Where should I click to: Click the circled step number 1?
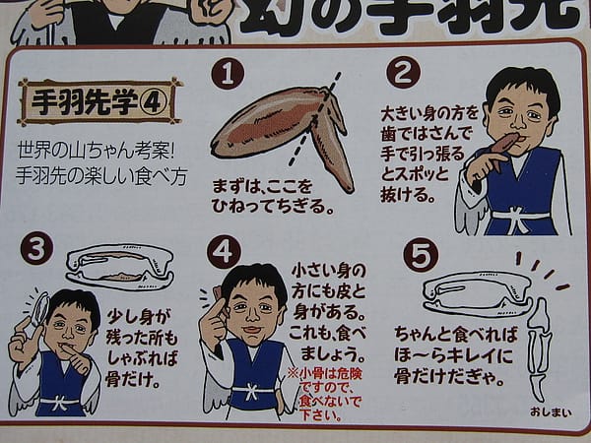(x=228, y=73)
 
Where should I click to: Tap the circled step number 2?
(x=403, y=72)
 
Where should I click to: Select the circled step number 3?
(x=36, y=248)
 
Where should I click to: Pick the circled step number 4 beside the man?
(x=224, y=252)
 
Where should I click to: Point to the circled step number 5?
(x=421, y=254)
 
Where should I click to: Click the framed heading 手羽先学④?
(x=100, y=102)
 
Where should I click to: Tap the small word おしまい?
(x=551, y=412)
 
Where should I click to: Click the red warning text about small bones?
(x=325, y=395)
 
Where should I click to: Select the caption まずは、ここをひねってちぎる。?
(x=274, y=196)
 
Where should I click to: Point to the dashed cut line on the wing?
(x=315, y=119)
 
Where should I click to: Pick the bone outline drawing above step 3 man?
(x=120, y=267)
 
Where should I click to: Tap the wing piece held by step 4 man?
(x=219, y=297)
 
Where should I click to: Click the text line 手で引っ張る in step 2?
(x=423, y=155)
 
